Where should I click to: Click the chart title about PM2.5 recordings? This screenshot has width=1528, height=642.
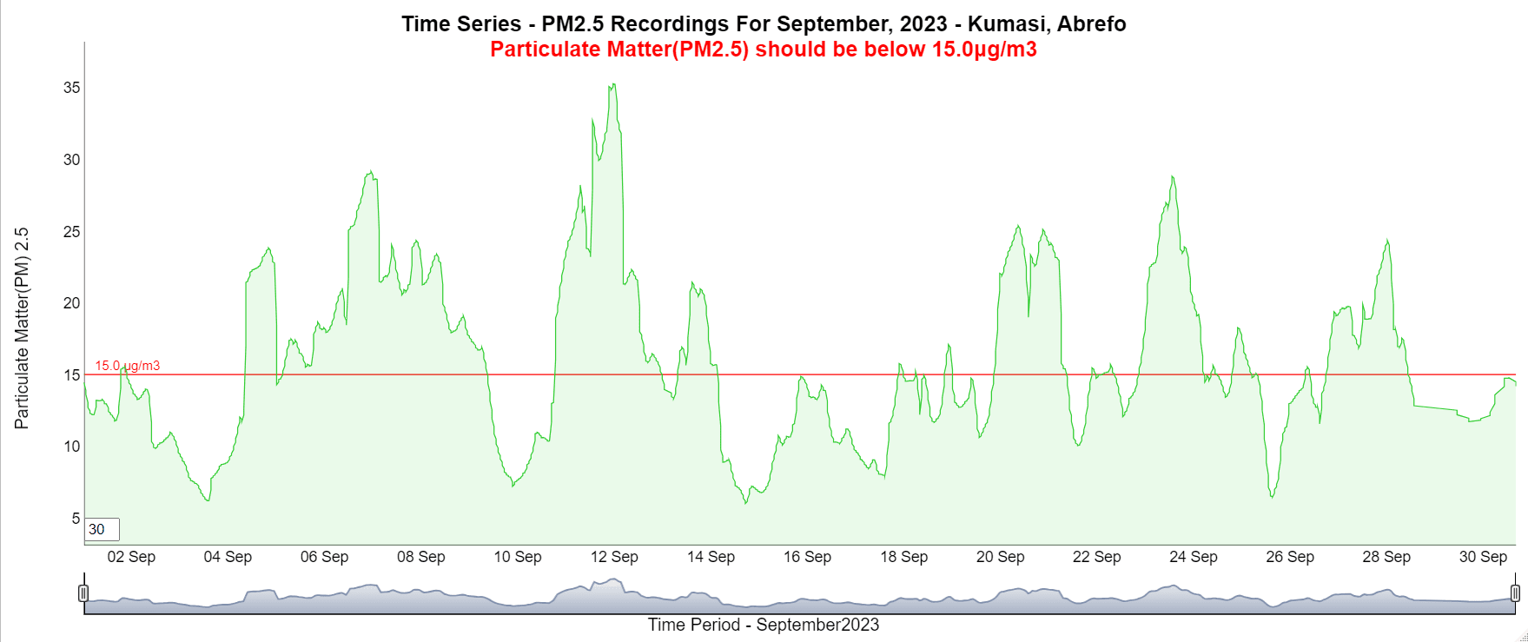764,23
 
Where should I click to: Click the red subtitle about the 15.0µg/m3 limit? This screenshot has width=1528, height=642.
764,50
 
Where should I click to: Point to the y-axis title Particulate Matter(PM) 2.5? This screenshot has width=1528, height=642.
22,328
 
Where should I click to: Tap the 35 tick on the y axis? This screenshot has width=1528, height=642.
71,88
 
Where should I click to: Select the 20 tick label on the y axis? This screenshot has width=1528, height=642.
71,303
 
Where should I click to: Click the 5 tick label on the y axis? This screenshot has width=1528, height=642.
75,519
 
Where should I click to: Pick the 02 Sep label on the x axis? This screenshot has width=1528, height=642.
131,557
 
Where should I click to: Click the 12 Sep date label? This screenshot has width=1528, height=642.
614,557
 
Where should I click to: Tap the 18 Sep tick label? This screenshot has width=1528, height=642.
903,557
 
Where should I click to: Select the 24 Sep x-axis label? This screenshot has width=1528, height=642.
1193,557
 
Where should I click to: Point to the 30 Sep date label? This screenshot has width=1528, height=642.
1483,557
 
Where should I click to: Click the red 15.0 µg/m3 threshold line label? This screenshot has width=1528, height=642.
128,366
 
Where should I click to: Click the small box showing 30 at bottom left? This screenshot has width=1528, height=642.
102,529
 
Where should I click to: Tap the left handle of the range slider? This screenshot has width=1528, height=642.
83,593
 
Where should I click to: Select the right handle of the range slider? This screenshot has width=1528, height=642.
1515,593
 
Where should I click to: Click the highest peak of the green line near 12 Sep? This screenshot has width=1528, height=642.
613,84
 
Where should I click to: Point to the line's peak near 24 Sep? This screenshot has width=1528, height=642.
1172,177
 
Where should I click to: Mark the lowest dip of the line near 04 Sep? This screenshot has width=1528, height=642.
208,500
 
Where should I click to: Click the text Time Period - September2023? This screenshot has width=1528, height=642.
764,625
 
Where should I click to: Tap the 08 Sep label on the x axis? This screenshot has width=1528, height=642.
421,557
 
